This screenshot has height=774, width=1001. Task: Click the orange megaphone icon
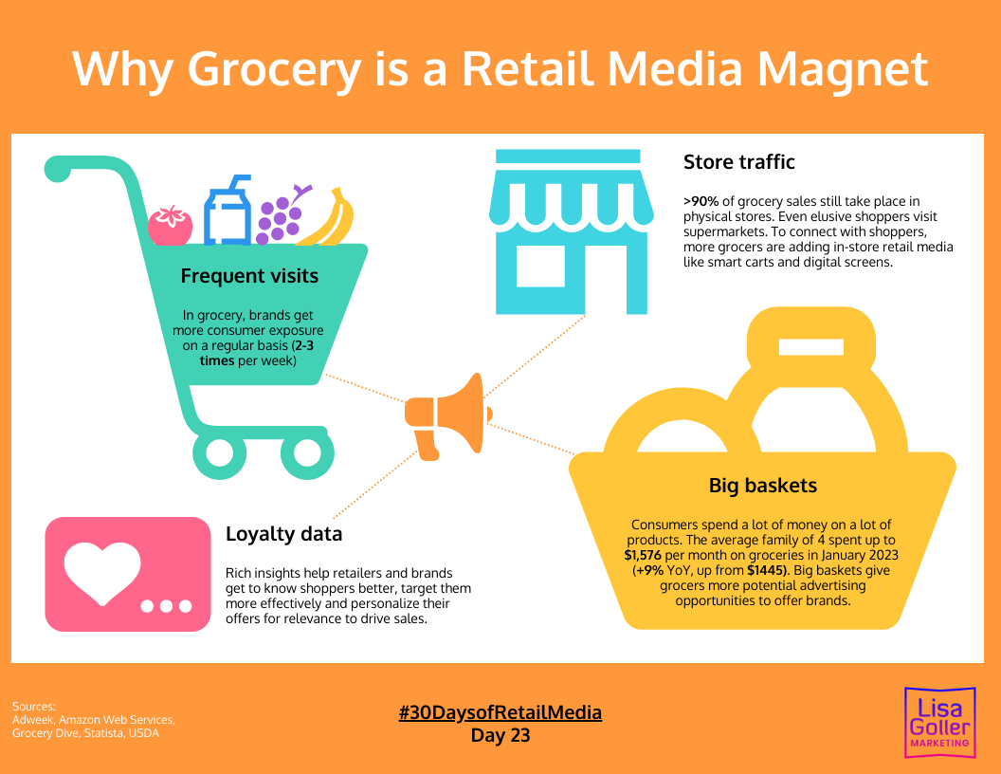446,415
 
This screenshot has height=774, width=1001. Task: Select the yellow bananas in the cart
332,219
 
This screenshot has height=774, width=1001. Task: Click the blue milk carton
227,212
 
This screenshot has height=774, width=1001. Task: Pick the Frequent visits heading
249,277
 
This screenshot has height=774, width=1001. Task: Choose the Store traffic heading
738,162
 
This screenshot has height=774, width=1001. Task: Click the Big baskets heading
762,487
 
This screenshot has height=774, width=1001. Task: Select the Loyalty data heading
283,534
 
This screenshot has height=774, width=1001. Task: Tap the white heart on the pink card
101,569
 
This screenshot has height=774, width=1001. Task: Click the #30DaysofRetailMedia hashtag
500,712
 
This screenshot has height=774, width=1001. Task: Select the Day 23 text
500,735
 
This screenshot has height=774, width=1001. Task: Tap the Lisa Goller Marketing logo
938,723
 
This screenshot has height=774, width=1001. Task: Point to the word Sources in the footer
34,706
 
